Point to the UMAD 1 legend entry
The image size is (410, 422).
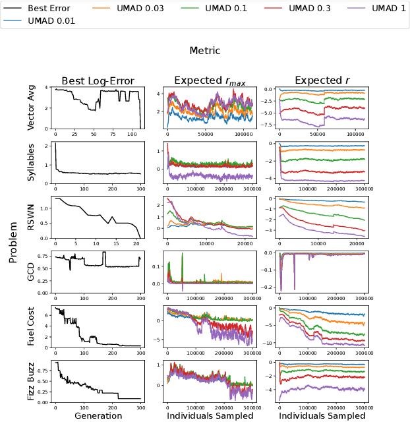point(386,9)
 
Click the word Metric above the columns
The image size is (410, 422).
point(205,51)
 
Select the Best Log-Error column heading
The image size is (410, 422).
point(98,81)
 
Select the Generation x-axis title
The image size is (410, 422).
point(98,415)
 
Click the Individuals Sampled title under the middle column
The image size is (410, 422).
point(210,415)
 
